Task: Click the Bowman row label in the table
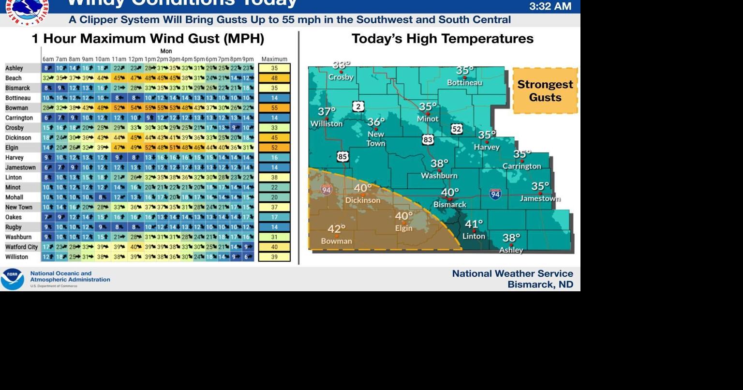[x=16, y=108]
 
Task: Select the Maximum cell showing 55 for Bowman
[x=274, y=108]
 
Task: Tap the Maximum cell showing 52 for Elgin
[x=274, y=148]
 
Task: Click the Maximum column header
[x=274, y=59]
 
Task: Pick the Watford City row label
[x=21, y=247]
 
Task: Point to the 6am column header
[x=48, y=59]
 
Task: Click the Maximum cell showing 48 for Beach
[x=274, y=78]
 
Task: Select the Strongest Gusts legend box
[x=545, y=91]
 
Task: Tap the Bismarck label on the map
[x=450, y=205]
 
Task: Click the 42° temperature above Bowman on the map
[x=337, y=228]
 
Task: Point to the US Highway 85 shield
[x=342, y=156]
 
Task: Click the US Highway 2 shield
[x=358, y=106]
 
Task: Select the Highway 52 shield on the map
[x=457, y=129]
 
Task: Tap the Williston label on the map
[x=327, y=123]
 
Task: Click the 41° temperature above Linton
[x=474, y=224]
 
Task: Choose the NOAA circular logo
[x=12, y=279]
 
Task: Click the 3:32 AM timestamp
[x=550, y=6]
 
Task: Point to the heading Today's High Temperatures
[x=442, y=39]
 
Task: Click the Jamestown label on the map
[x=540, y=198]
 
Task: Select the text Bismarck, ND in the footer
[x=540, y=285]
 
